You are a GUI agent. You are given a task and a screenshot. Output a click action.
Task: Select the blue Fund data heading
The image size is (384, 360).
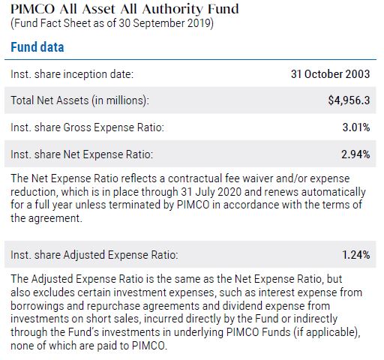click(37, 46)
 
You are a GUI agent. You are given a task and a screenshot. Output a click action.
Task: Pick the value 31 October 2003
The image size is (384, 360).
click(330, 74)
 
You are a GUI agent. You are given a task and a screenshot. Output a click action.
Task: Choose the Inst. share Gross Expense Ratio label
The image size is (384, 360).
click(88, 127)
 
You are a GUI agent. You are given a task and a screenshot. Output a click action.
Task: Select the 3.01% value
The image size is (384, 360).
click(356, 127)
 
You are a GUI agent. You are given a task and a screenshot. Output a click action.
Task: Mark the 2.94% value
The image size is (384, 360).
click(356, 154)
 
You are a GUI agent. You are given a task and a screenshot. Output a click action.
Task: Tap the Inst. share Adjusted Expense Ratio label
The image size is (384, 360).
click(94, 255)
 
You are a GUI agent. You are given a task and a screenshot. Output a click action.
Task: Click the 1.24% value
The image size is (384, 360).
click(356, 255)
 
